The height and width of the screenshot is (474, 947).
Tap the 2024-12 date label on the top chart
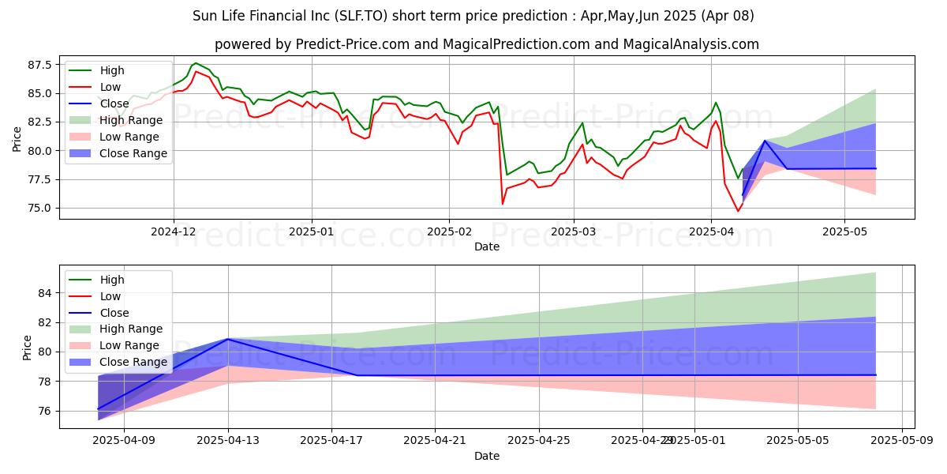click(174, 232)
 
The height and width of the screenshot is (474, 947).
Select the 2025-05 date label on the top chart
click(844, 232)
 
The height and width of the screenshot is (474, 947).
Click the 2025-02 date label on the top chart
click(449, 232)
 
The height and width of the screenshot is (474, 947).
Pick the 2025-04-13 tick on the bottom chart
click(228, 441)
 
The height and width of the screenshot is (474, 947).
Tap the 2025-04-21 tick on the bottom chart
click(435, 441)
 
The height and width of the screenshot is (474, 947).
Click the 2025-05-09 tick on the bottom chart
click(901, 441)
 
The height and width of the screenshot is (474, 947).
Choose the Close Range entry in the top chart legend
click(133, 153)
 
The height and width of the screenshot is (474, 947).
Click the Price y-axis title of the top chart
click(17, 138)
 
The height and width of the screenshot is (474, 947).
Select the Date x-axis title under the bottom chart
click(486, 456)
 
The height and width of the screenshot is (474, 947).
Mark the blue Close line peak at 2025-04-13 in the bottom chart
click(228, 339)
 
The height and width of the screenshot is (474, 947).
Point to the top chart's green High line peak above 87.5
click(196, 63)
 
